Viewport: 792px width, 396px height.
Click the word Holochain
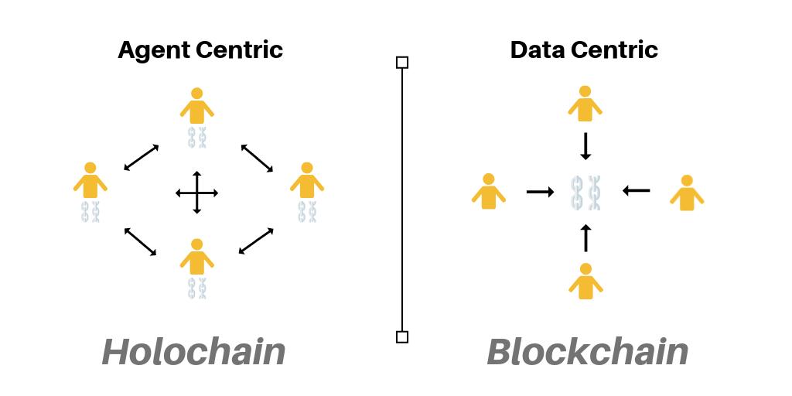coord(193,353)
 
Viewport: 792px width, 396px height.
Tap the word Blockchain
coord(587,353)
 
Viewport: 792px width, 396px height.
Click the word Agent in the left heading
coord(153,50)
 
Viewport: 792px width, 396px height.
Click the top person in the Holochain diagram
coord(197,107)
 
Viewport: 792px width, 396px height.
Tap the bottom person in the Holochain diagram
coord(197,258)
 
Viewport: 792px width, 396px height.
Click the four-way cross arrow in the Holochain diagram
coord(197,192)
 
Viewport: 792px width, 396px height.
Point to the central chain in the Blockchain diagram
coord(586,193)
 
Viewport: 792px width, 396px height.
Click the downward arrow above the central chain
coord(585,146)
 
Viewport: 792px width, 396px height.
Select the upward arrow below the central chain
coord(585,237)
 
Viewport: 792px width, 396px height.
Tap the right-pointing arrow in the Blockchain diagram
coord(540,191)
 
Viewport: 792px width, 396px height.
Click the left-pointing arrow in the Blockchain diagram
coord(637,189)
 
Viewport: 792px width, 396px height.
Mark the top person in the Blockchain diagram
coord(585,104)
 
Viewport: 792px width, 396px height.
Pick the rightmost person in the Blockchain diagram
coord(687,193)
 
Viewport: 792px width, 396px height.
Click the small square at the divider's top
coord(402,62)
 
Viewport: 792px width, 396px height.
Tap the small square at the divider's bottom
coord(402,336)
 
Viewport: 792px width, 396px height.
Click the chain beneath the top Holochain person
coord(197,138)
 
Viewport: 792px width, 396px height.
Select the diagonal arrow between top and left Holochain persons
coord(142,158)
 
